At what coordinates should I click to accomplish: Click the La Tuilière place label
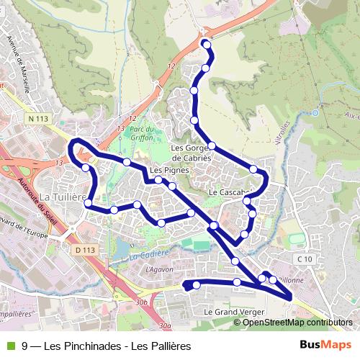(63, 197)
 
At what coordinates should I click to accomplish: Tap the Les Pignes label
(169, 171)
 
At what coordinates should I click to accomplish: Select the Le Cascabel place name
(229, 193)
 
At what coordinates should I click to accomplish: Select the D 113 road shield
(84, 249)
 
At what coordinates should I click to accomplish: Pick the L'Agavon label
(159, 269)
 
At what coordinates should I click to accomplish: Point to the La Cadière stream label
(148, 254)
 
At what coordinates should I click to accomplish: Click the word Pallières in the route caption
(171, 346)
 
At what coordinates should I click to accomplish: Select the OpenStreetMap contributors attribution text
(297, 322)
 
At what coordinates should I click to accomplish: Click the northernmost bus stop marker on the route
(207, 45)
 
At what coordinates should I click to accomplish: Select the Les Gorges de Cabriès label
(191, 153)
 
